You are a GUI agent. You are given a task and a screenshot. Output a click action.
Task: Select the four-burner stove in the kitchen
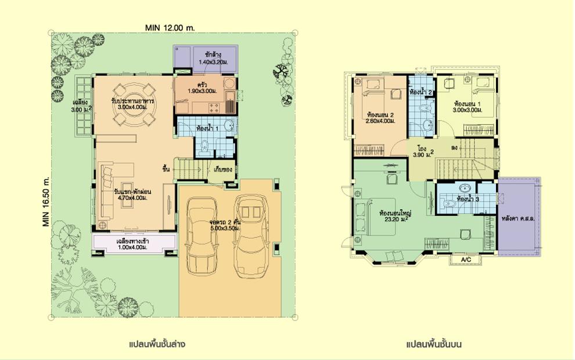point(213,107)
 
